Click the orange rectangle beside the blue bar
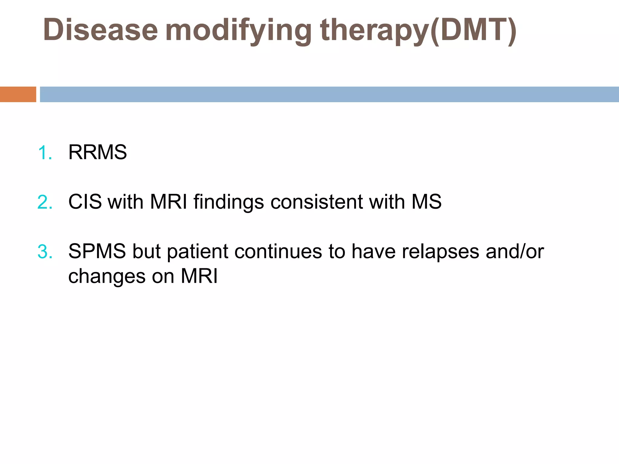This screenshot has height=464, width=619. coord(18,94)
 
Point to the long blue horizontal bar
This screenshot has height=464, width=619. coord(329,94)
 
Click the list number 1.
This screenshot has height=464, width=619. coord(45,153)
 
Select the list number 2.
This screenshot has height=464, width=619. coord(45,202)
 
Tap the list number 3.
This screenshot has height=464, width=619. coord(45,252)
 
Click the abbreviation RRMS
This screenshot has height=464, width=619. coord(97,152)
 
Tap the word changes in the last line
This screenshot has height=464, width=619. coord(107,277)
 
